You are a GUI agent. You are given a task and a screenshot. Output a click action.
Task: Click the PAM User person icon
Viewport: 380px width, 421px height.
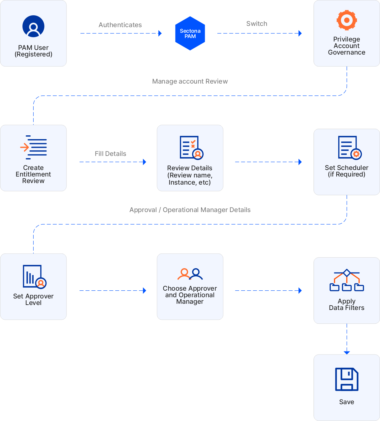tap(33, 26)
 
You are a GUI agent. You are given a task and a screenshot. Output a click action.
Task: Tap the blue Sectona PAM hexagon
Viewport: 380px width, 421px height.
tap(190, 33)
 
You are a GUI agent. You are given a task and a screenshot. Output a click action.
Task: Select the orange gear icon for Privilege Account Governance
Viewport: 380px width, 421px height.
tap(347, 20)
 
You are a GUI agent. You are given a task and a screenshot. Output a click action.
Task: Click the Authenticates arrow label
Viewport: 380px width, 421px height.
tap(120, 25)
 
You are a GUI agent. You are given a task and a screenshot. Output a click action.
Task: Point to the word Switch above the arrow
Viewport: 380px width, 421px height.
tap(257, 24)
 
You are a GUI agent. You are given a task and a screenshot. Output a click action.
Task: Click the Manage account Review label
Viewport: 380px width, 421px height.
tap(190, 81)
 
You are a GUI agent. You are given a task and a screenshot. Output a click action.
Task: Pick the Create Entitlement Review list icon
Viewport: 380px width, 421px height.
tap(34, 147)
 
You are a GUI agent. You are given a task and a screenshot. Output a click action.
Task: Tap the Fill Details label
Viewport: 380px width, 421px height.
tap(110, 154)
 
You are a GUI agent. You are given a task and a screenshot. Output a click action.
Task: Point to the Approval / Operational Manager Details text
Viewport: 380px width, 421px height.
tap(190, 210)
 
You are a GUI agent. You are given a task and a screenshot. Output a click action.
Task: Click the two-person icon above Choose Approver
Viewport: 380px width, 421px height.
tap(190, 274)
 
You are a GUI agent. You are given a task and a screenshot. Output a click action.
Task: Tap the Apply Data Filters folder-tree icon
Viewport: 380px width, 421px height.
tap(347, 280)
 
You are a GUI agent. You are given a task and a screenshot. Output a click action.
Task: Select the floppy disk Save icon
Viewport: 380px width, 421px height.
tap(347, 379)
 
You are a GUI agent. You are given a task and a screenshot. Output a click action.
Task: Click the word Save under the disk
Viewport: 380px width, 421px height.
tap(347, 402)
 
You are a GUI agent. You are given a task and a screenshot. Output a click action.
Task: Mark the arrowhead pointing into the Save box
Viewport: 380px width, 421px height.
tap(347, 352)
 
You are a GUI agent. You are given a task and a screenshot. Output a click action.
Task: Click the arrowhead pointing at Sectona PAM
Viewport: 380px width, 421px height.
tap(160, 33)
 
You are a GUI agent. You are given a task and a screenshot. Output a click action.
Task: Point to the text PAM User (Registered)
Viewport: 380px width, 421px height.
tap(33, 51)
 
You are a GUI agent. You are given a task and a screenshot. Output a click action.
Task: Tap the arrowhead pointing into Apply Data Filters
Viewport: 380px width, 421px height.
tap(300, 291)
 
